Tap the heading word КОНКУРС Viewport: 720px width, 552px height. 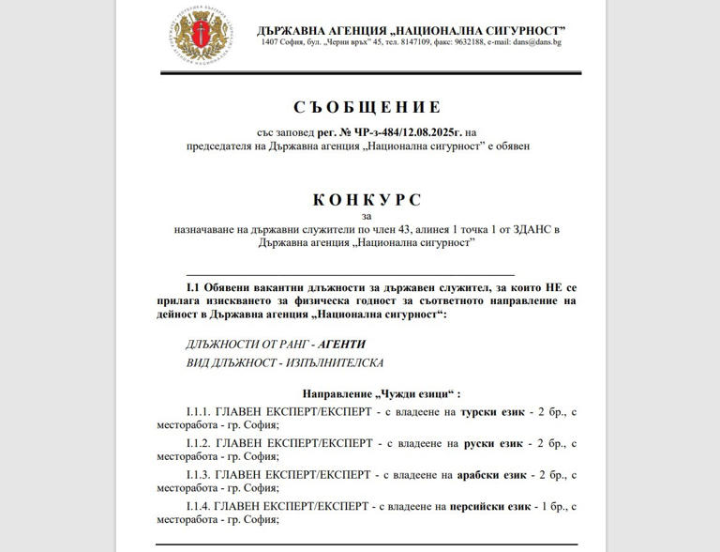point(367,200)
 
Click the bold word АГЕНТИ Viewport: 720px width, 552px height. point(341,344)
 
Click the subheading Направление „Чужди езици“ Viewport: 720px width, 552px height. point(381,392)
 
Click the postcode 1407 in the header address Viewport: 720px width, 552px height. point(272,42)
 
